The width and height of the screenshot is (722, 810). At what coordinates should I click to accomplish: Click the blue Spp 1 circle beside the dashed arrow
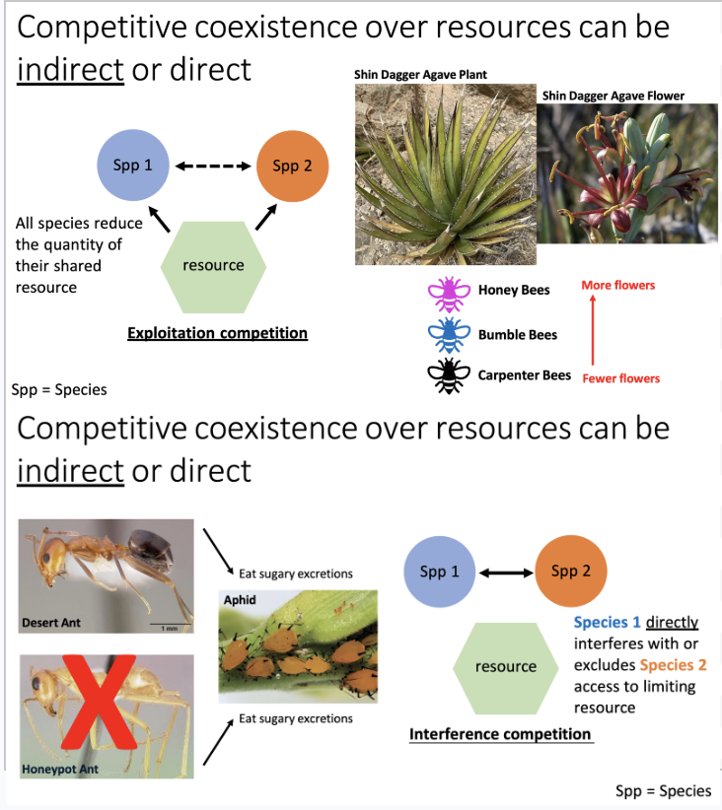(133, 166)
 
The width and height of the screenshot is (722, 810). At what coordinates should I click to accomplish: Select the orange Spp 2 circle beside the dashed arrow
(292, 166)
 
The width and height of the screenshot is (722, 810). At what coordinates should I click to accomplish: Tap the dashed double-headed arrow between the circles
(213, 166)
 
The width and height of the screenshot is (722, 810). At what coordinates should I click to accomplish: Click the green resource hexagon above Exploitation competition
(213, 265)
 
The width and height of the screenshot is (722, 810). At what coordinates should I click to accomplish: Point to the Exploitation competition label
(217, 333)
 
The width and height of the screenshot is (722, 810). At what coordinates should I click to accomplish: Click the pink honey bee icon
(450, 291)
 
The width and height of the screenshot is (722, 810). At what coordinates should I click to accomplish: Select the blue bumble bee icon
(450, 334)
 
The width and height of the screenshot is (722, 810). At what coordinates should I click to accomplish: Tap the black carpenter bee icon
(450, 375)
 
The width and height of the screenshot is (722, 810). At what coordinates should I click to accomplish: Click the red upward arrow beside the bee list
(593, 332)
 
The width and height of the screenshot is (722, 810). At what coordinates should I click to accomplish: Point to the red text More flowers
(617, 286)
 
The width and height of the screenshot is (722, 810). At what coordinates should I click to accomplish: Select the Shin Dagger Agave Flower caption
(613, 96)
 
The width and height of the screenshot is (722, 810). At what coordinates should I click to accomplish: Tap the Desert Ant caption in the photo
(51, 623)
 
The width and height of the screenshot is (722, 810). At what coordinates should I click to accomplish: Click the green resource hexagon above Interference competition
(505, 667)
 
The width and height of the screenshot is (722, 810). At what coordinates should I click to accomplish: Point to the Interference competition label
(500, 734)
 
